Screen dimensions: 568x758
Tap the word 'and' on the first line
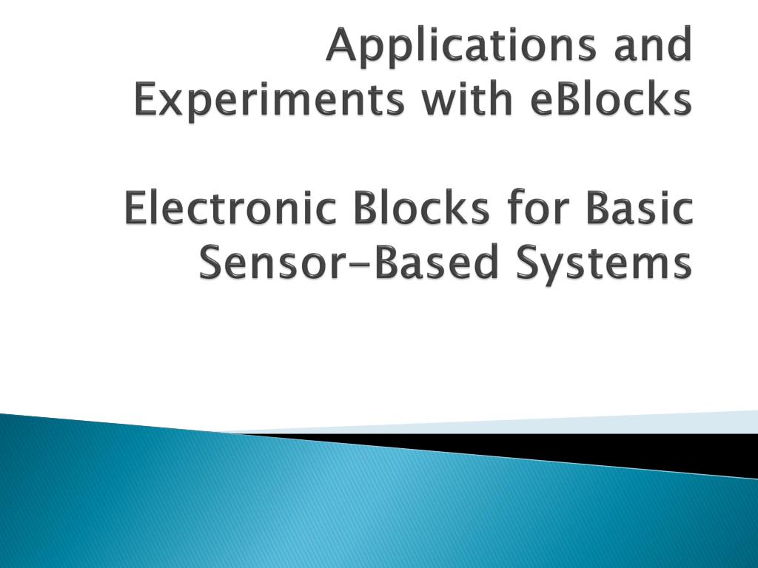(x=651, y=46)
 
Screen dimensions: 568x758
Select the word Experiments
(x=269, y=101)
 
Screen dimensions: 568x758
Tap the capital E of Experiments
(x=146, y=101)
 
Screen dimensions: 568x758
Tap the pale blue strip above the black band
(x=592, y=424)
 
